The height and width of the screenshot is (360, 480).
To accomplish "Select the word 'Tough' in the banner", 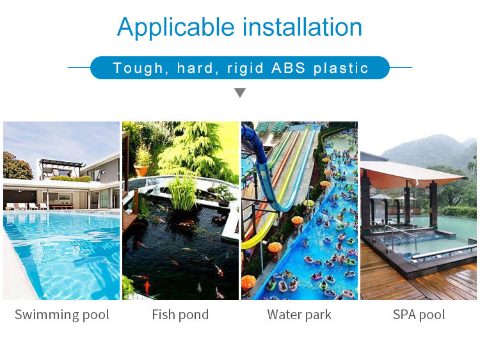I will click(136, 68).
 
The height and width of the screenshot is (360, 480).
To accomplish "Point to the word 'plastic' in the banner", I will click(341, 68).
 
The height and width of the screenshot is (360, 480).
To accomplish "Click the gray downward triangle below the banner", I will click(240, 93).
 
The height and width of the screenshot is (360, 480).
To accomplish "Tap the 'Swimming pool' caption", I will click(61, 315).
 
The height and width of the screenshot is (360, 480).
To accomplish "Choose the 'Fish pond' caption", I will click(180, 315).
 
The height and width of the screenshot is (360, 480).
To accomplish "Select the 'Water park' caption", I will click(300, 315).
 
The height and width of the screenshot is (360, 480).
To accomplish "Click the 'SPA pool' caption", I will click(419, 315).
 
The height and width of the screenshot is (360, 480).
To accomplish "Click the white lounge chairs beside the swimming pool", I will click(26, 206).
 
